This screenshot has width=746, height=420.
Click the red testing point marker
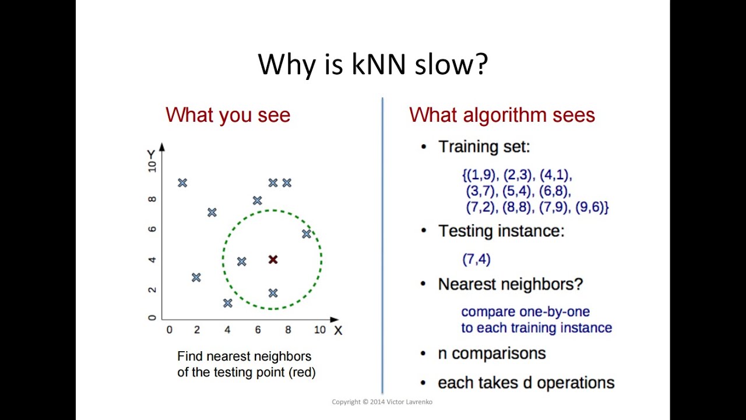[x=273, y=259]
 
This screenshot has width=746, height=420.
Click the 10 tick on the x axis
[x=320, y=330]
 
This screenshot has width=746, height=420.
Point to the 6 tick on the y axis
[x=152, y=229]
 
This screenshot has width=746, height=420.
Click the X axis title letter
[x=338, y=331]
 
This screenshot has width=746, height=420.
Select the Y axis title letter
[x=151, y=154]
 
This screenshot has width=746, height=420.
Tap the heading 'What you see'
[x=228, y=115]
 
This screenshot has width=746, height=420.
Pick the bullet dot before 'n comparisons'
[x=424, y=353]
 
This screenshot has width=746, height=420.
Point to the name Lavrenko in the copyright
[x=418, y=402]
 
